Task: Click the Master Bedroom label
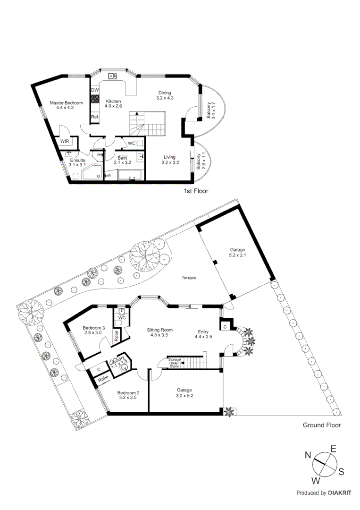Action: click(67, 103)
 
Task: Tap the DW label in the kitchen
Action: click(95, 90)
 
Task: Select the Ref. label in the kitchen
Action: click(95, 117)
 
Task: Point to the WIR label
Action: click(64, 142)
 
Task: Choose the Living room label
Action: click(169, 157)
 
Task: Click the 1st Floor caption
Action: click(195, 191)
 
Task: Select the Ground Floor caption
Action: click(321, 425)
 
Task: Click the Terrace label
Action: click(189, 278)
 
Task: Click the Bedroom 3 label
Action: click(93, 328)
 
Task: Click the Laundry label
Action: click(117, 360)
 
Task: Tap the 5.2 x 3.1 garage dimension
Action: click(238, 255)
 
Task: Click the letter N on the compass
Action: click(308, 455)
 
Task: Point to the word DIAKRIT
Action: click(338, 493)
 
